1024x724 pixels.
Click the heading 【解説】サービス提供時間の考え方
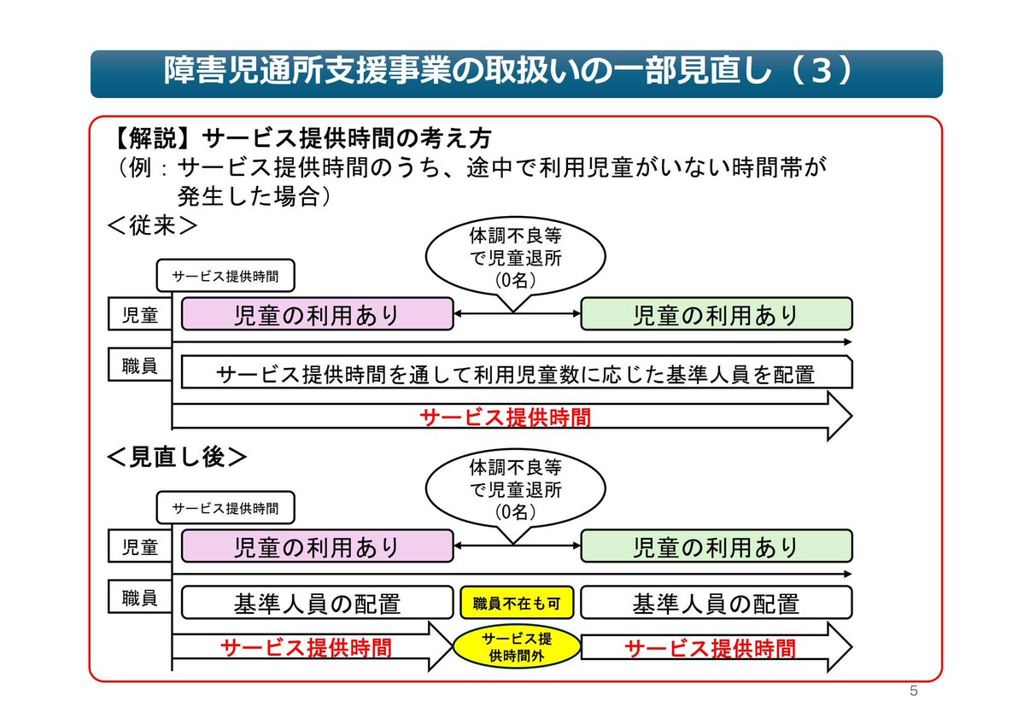click(303, 138)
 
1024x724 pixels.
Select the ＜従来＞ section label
click(153, 227)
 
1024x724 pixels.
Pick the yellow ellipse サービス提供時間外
click(516, 647)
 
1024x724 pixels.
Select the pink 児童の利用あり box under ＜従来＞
click(316, 314)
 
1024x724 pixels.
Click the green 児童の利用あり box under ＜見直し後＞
click(716, 546)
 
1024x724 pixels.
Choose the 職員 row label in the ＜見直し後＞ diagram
click(140, 598)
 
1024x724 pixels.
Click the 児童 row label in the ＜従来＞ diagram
click(140, 314)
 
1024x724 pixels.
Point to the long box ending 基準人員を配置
click(516, 373)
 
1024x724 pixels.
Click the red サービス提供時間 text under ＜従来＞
click(505, 417)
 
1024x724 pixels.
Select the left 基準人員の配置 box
click(316, 603)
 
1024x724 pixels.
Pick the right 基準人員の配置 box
click(716, 603)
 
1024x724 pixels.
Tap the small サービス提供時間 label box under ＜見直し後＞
click(225, 507)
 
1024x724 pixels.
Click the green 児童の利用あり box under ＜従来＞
click(716, 314)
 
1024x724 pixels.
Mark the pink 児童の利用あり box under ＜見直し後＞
click(316, 546)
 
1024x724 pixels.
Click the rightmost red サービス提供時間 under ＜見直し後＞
click(711, 648)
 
